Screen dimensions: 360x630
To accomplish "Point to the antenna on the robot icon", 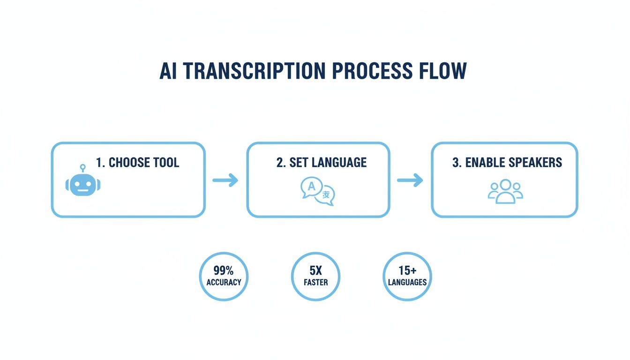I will [x=83, y=167].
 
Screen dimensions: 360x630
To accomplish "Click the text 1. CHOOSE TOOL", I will [x=137, y=163].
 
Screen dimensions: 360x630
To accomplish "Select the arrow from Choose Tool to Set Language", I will [x=225, y=180].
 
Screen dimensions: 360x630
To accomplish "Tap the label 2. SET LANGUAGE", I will [x=322, y=163].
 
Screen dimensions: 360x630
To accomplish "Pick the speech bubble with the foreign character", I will [x=326, y=196].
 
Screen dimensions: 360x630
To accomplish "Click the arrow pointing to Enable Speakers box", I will [x=410, y=180].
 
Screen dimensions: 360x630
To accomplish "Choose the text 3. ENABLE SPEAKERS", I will [x=507, y=163].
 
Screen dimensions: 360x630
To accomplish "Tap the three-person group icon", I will [x=505, y=191].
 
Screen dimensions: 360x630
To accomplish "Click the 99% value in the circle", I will [x=224, y=270].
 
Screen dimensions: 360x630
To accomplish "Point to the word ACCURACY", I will [x=224, y=282].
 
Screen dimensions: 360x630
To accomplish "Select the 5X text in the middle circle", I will [x=315, y=270].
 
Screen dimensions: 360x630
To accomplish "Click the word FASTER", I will [x=315, y=282].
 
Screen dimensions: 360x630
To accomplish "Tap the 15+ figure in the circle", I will [x=407, y=270].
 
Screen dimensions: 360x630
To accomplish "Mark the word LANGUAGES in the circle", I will [x=407, y=282].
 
